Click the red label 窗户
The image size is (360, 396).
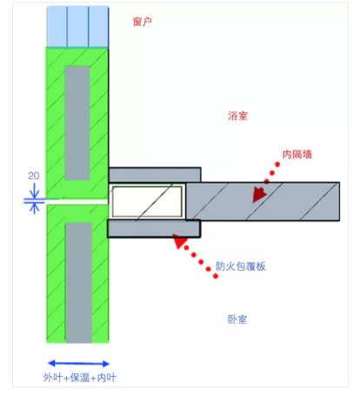coord(142,22)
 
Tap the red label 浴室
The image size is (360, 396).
coord(237,116)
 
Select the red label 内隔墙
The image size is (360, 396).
coord(297,154)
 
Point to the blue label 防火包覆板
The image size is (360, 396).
coord(241,266)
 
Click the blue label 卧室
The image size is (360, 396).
coord(237,319)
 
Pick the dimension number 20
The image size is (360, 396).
coord(34,176)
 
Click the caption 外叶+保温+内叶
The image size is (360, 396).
coord(80,378)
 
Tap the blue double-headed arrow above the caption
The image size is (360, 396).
coord(78,363)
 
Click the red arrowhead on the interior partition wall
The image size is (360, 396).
coord(259,194)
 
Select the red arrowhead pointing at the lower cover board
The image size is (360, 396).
coord(180,241)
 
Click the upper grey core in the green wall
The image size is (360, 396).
coord(77,123)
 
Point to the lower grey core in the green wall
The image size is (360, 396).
coord(79,283)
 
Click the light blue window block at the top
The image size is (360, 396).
coord(77,27)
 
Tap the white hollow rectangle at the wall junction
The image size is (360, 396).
coord(147,201)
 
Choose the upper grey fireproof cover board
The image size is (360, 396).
coord(155,175)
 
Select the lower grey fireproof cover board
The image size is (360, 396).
coord(154,229)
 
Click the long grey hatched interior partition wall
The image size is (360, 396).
coord(263,201)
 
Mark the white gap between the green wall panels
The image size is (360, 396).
coord(77,202)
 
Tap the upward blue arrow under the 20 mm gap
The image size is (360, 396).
coord(34,208)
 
